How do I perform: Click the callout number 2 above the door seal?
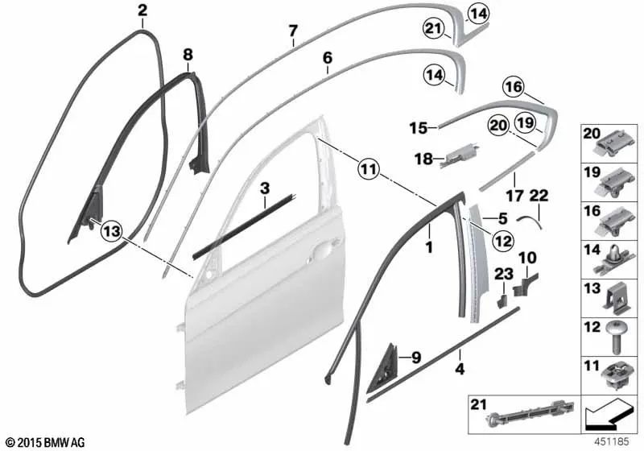click(x=142, y=10)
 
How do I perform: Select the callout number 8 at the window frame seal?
click(x=188, y=55)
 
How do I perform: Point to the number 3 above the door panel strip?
click(x=263, y=188)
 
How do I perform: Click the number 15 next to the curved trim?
click(x=416, y=127)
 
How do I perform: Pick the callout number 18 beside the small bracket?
click(x=423, y=159)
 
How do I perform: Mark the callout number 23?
click(x=502, y=275)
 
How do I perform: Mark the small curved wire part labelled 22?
click(x=527, y=216)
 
